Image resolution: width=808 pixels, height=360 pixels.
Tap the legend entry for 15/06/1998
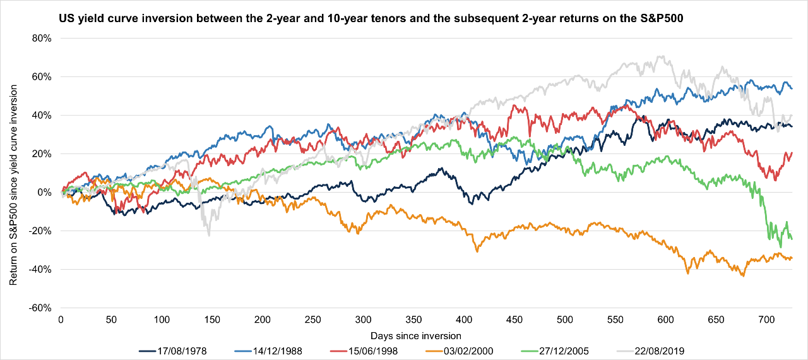tap(368, 350)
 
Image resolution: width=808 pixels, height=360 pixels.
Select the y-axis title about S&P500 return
tap(13, 173)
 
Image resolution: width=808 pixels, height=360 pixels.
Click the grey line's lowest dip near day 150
tap(209, 235)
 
